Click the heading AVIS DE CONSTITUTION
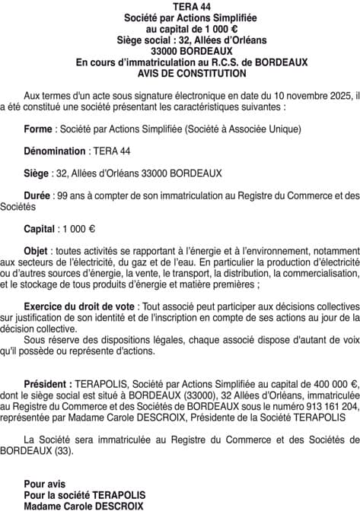[x=180, y=74]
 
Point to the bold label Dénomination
[x=56, y=151]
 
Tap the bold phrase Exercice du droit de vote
[x=78, y=305]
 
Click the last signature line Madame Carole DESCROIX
[x=83, y=505]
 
